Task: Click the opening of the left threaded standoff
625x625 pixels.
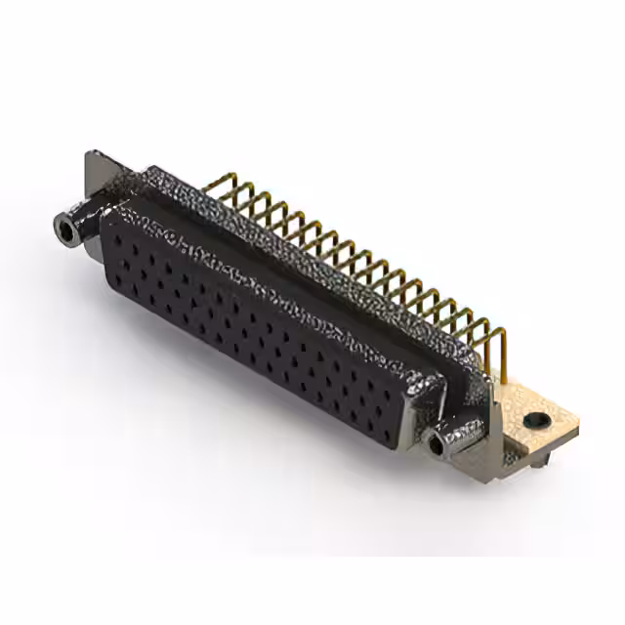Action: point(65,230)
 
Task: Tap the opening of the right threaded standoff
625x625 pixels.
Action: point(435,445)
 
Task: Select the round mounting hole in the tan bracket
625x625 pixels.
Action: point(533,420)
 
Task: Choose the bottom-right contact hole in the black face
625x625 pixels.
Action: point(388,427)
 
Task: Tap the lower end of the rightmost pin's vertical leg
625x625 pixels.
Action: point(506,371)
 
